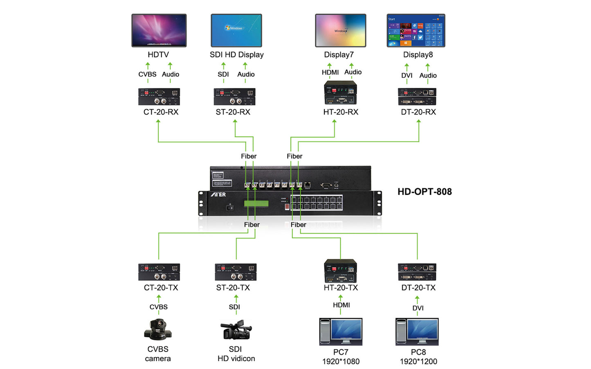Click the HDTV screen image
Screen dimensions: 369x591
tap(159, 30)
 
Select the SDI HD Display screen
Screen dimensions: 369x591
tap(236, 30)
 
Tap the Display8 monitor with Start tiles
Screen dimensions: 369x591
tap(416, 31)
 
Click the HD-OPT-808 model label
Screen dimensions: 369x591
tap(425, 192)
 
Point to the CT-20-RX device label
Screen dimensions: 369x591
tap(161, 112)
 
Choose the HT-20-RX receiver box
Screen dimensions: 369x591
tap(340, 93)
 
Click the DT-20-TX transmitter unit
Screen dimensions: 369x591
tap(417, 272)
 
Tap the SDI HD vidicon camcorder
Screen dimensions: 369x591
tap(236, 330)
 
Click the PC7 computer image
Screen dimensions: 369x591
tap(340, 332)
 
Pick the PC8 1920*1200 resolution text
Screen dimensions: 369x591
tap(418, 361)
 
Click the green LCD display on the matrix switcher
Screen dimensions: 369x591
tap(256, 204)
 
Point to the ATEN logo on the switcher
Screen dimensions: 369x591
tap(218, 195)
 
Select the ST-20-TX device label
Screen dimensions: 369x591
tap(233, 288)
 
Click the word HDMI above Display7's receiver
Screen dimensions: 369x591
tap(330, 72)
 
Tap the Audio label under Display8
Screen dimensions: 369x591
tap(428, 76)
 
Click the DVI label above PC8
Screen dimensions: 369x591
tap(418, 308)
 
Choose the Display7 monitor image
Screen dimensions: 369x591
tap(340, 31)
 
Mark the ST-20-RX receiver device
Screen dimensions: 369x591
tap(234, 97)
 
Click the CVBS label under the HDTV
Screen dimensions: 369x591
tap(147, 74)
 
